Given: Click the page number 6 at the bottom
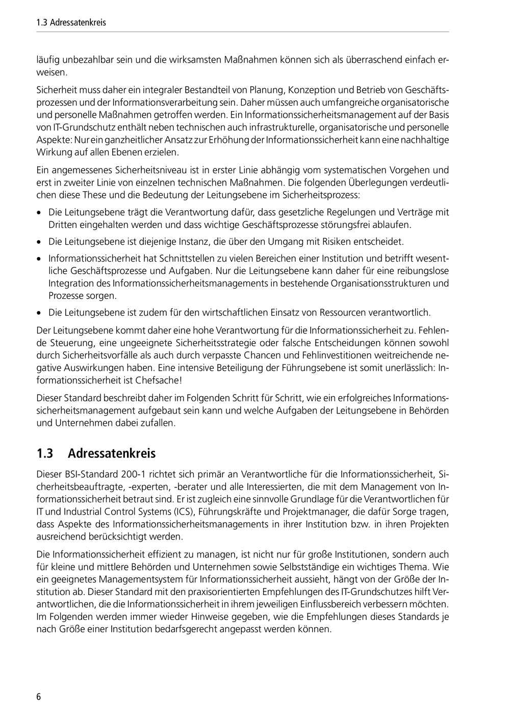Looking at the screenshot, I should click(x=39, y=697).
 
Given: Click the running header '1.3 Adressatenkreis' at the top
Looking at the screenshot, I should click(x=71, y=22).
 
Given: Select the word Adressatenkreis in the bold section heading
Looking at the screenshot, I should click(x=112, y=453).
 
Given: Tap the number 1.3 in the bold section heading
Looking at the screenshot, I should click(x=45, y=453).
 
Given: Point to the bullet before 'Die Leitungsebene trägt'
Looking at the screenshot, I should click(x=39, y=213).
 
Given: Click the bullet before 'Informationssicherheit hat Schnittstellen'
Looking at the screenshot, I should click(x=39, y=259).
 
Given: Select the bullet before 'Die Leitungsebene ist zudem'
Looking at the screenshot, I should click(x=39, y=313).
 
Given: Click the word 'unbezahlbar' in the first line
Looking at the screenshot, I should click(x=84, y=60).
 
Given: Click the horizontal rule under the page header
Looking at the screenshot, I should click(x=243, y=32).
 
